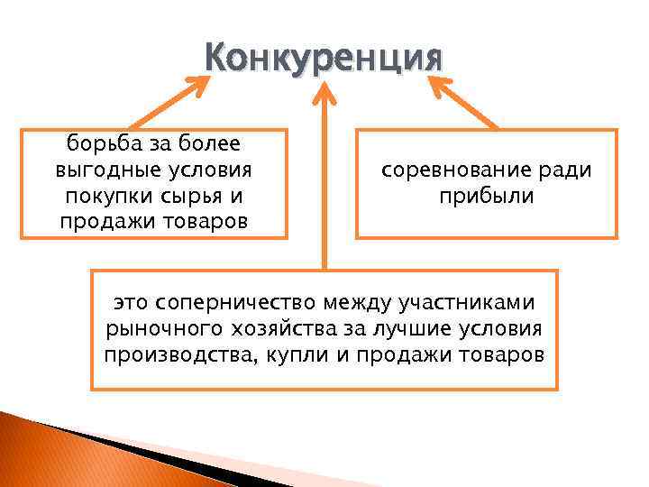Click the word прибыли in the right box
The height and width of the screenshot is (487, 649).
click(487, 196)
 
